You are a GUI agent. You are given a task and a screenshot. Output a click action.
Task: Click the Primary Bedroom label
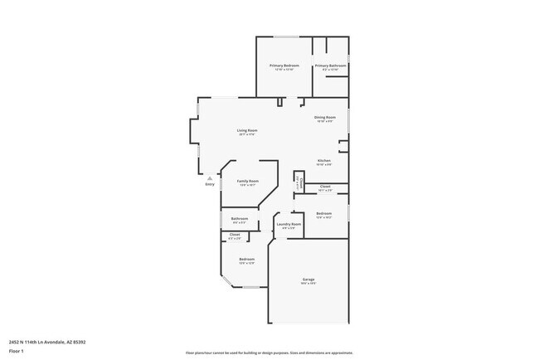click(284, 65)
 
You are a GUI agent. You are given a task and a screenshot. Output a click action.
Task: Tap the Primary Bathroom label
click(330, 65)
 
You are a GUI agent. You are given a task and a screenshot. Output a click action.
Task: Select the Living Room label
click(247, 130)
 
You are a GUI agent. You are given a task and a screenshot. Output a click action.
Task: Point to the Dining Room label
click(324, 118)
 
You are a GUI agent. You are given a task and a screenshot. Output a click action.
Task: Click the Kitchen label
click(324, 160)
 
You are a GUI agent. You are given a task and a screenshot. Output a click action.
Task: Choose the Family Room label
click(248, 181)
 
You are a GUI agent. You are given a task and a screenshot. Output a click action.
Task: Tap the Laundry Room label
click(289, 224)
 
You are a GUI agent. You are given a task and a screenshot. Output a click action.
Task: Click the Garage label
click(308, 281)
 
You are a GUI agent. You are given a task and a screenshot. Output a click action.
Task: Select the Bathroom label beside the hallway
click(240, 219)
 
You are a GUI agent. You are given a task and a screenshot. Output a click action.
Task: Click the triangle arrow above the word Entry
click(210, 178)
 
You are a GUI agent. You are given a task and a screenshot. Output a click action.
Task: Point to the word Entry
click(210, 184)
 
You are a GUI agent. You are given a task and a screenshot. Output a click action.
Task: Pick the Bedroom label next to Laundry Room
click(324, 214)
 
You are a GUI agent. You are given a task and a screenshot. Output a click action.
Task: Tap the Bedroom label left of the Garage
click(247, 260)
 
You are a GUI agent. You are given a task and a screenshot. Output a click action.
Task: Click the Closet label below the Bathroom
click(235, 235)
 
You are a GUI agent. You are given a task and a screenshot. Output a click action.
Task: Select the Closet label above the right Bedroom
click(325, 187)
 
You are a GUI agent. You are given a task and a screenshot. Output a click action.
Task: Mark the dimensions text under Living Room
click(247, 134)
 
